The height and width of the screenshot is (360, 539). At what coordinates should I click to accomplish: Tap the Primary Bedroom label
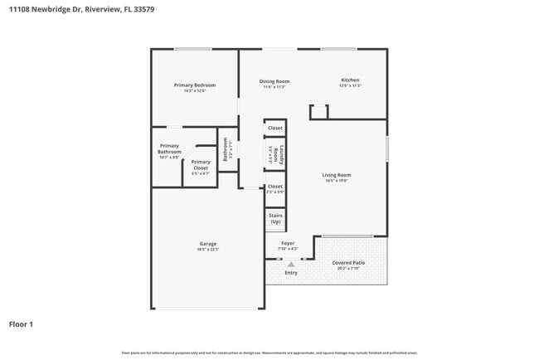click(x=195, y=85)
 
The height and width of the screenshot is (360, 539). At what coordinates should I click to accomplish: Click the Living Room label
click(x=337, y=175)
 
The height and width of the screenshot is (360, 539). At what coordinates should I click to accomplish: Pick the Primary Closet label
click(x=201, y=165)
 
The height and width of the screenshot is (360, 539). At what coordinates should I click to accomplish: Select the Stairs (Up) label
click(x=275, y=219)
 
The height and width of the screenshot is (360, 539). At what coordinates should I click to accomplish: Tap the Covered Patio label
click(x=348, y=263)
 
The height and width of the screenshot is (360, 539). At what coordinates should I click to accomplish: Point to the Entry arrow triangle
click(x=290, y=264)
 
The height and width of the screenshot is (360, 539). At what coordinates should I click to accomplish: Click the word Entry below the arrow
click(x=291, y=273)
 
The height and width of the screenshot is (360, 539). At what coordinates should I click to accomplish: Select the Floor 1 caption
click(x=21, y=324)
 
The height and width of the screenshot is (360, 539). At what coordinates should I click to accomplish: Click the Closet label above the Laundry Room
click(x=275, y=128)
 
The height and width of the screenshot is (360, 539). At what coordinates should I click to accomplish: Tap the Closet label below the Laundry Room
click(x=275, y=187)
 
